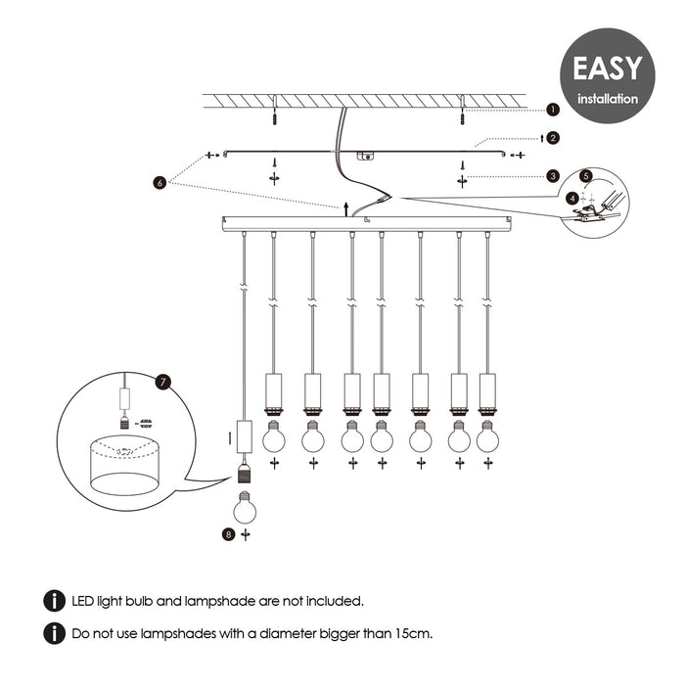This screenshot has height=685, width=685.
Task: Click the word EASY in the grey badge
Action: coord(607,68)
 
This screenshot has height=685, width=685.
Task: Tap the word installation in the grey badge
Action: coord(608,99)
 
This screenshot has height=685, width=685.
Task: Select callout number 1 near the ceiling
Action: coord(553,111)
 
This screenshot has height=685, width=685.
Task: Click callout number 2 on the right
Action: coord(553,139)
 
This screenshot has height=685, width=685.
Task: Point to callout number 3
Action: coord(553,176)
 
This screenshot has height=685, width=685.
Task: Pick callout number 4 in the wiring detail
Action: coord(571,197)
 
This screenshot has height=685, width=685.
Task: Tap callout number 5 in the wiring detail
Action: coord(586,176)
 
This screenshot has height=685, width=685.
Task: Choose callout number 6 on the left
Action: coord(159,182)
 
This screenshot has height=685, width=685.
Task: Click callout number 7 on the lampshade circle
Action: coord(163,382)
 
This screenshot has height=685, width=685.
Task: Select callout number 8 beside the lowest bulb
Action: coord(228,534)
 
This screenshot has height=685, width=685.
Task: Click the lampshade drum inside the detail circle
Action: coord(124,465)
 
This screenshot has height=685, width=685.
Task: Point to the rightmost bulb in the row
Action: coord(487,436)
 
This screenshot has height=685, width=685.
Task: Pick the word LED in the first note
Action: coord(86,601)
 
